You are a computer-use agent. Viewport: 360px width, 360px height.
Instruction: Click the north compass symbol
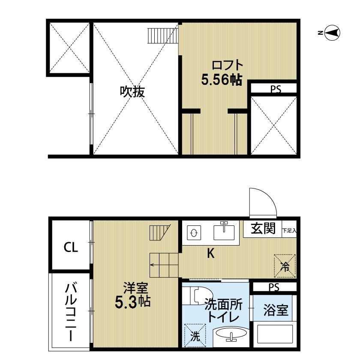pyautogui.click(x=333, y=33)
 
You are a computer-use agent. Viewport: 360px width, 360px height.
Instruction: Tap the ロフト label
pyautogui.click(x=227, y=65)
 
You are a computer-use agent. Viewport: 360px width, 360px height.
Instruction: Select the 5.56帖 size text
pyautogui.click(x=222, y=80)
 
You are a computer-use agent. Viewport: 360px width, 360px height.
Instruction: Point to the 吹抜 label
pyautogui.click(x=132, y=92)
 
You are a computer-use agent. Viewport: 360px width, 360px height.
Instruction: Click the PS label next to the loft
pyautogui.click(x=276, y=89)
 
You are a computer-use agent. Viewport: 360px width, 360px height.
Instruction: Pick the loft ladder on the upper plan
pyautogui.click(x=163, y=36)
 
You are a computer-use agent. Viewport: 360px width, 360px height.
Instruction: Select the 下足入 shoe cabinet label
pyautogui.click(x=289, y=230)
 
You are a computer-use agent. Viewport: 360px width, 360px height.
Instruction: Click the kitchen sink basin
pyautogui.click(x=224, y=232)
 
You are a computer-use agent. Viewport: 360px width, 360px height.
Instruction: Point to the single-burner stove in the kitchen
pyautogui.click(x=194, y=233)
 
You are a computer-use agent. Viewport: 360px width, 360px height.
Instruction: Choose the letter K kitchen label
pyautogui.click(x=211, y=253)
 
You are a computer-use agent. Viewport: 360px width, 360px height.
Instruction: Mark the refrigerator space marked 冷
pyautogui.click(x=285, y=266)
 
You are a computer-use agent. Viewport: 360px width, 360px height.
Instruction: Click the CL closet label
pyautogui.click(x=71, y=247)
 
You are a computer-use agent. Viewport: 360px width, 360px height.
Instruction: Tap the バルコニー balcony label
pyautogui.click(x=71, y=312)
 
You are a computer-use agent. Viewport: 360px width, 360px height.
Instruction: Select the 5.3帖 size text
pyautogui.click(x=132, y=302)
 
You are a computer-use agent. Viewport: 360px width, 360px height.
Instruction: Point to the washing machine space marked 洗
pyautogui.click(x=195, y=335)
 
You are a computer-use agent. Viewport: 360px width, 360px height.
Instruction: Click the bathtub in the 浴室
pyautogui.click(x=275, y=334)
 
